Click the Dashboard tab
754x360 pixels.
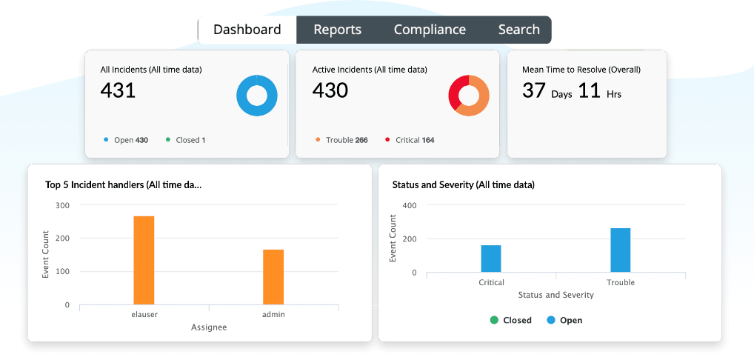coord(247,30)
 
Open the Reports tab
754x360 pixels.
coord(337,30)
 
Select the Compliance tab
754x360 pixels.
coord(430,30)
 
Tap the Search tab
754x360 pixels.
coord(518,30)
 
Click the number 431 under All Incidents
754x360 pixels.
coord(118,90)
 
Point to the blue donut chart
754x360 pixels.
coord(257,96)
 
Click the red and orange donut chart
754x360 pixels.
coord(469,96)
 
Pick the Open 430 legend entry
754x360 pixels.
coord(127,140)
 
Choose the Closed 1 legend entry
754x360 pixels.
coord(186,140)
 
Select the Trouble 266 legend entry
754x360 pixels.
coord(341,140)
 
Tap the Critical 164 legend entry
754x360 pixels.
coord(410,140)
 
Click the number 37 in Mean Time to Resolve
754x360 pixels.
coord(533,90)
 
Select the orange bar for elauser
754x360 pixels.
coord(144,259)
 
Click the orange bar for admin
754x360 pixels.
coord(273,276)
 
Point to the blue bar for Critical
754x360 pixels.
coord(491,259)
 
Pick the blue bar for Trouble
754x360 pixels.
coord(621,250)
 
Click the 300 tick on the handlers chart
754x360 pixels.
coord(62,205)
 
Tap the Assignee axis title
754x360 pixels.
coord(209,327)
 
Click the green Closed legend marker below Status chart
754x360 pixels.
coord(494,320)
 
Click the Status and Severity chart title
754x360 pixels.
coord(463,184)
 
